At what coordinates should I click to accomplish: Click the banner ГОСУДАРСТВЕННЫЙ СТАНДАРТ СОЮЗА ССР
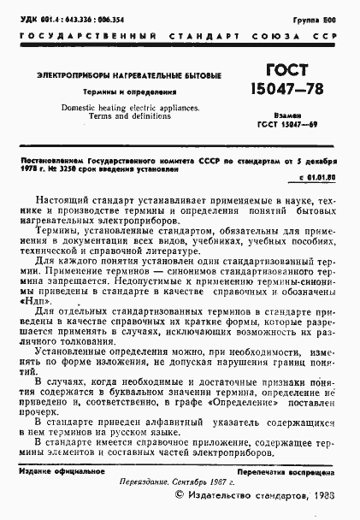coord(180,38)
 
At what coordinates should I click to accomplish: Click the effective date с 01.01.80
coord(319,177)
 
